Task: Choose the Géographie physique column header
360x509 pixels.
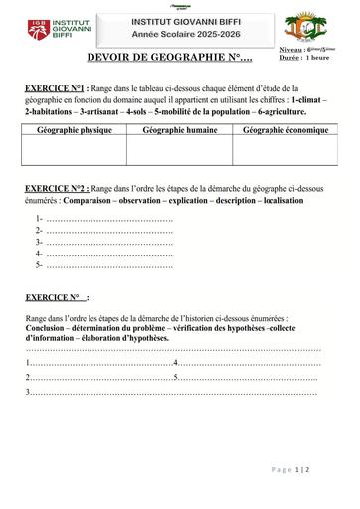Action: pos(74,130)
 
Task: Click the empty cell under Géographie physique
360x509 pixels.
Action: pos(74,150)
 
